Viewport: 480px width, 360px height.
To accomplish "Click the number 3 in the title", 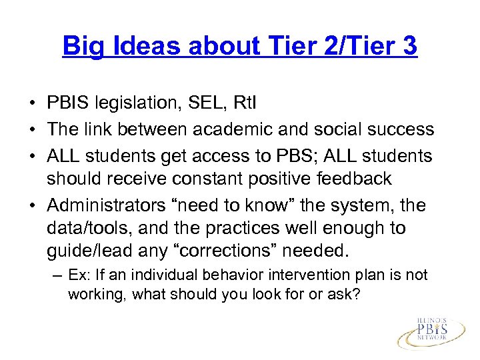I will [x=408, y=46].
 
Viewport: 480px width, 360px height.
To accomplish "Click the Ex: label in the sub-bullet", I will [x=80, y=275].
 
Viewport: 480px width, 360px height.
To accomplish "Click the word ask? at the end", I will [x=344, y=293].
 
